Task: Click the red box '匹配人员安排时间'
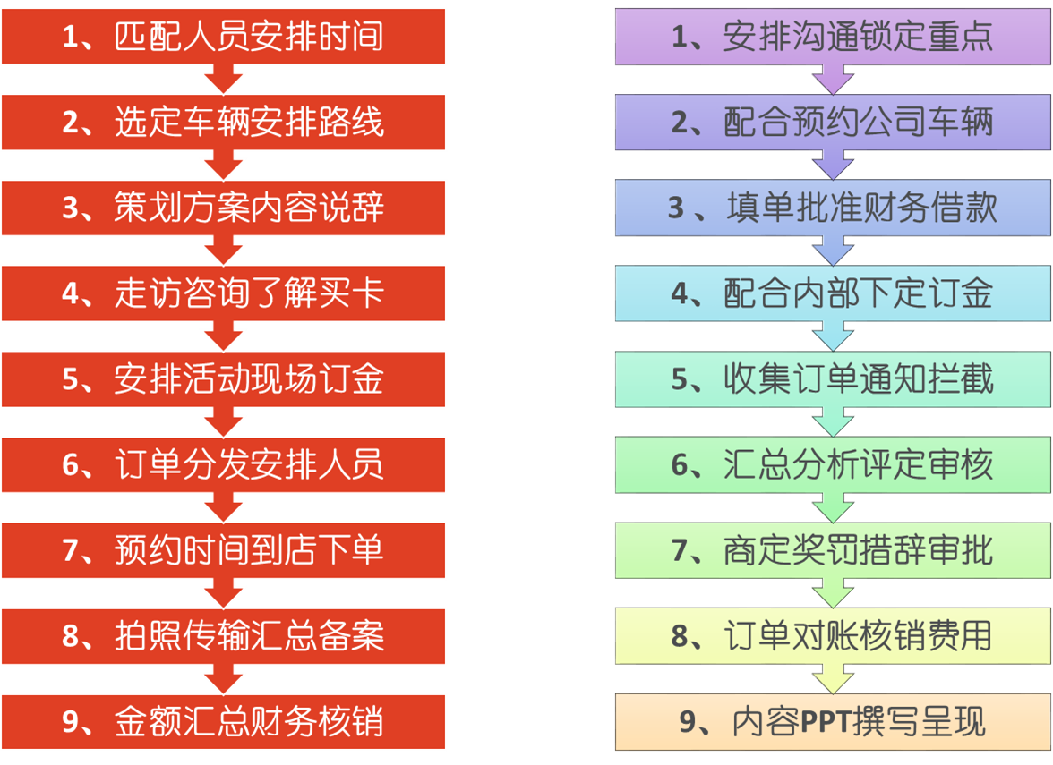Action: [224, 37]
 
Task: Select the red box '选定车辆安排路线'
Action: [224, 123]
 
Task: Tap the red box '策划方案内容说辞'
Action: [224, 208]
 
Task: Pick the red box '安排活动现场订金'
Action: [224, 379]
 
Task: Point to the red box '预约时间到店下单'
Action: [224, 550]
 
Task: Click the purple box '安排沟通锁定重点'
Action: [833, 37]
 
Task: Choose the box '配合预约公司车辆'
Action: [833, 123]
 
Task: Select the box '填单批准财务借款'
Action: [833, 208]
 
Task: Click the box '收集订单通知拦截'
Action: [833, 379]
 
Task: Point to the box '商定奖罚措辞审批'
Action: [833, 550]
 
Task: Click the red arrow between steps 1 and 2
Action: [223, 80]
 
